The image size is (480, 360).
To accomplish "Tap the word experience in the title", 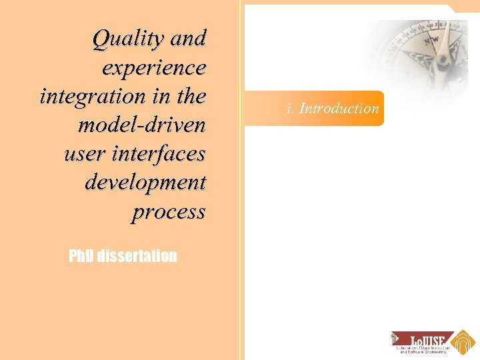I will (154, 68).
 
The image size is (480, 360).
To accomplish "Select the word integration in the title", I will (86, 97).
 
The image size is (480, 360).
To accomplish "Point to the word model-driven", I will (142, 125).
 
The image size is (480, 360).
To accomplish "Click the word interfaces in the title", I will (160, 153).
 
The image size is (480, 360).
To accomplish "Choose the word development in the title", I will (145, 182).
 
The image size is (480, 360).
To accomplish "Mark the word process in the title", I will (169, 211).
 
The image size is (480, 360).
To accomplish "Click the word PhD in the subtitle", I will (81, 256).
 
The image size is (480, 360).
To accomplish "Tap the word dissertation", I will (137, 256).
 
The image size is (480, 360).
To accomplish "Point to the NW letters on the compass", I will (431, 41).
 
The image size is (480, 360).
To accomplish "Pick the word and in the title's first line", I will (188, 39).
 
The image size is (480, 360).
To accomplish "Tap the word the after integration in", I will (191, 97).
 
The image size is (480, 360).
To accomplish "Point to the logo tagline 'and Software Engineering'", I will (425, 351).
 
